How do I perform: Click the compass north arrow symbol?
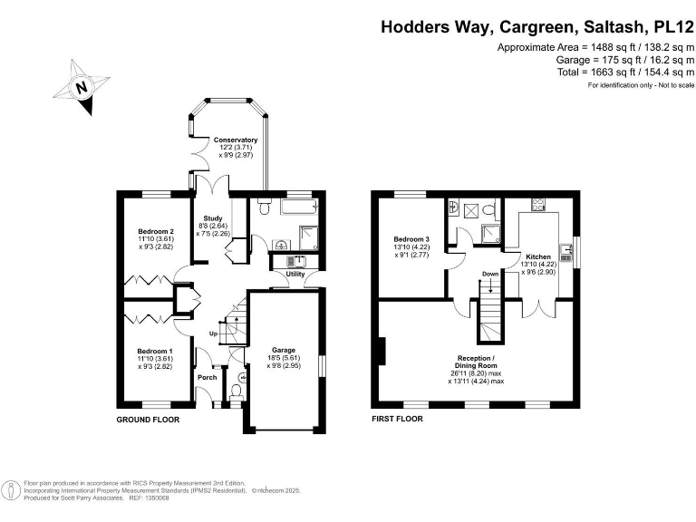(82, 88)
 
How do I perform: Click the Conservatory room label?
(236, 140)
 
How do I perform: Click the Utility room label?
(295, 273)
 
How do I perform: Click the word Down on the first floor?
(489, 274)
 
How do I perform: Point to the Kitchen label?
(538, 257)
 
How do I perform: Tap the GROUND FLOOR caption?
(149, 420)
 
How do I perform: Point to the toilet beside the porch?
(237, 390)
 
